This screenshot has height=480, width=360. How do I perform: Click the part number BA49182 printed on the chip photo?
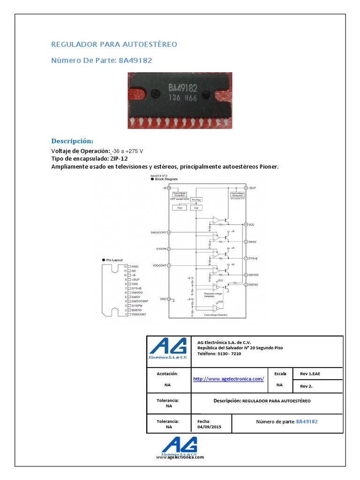(x=183, y=88)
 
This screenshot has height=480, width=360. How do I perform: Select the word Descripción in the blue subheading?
(x=72, y=141)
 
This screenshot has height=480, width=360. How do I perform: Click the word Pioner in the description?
(x=269, y=167)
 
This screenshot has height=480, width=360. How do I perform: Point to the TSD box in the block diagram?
(x=179, y=207)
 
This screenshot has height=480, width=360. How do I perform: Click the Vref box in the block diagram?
(x=196, y=207)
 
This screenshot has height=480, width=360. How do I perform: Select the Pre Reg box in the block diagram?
(x=196, y=199)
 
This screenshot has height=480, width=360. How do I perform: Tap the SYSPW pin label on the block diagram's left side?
(x=160, y=248)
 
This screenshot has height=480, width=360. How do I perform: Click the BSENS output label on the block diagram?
(x=254, y=285)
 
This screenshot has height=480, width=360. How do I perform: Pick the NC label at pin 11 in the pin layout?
(x=134, y=271)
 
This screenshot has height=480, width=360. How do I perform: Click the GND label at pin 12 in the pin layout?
(x=135, y=266)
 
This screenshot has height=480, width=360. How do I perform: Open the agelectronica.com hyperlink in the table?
(x=228, y=378)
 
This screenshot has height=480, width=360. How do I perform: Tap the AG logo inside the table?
(x=168, y=349)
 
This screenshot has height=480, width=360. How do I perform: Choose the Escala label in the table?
(x=280, y=373)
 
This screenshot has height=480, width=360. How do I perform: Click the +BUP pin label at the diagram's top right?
(x=253, y=187)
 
